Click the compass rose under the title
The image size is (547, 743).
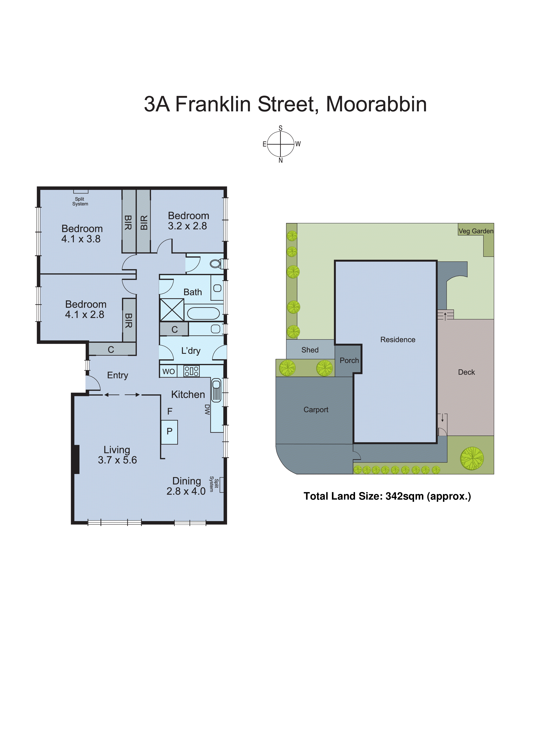pyautogui.click(x=281, y=144)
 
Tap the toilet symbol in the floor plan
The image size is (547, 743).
pyautogui.click(x=216, y=264)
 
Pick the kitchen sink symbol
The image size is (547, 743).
pyautogui.click(x=216, y=390)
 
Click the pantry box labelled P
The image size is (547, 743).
pyautogui.click(x=169, y=432)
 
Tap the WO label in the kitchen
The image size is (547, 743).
pyautogui.click(x=168, y=371)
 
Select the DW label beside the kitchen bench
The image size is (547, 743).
pyautogui.click(x=207, y=410)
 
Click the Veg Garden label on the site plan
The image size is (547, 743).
pyautogui.click(x=476, y=231)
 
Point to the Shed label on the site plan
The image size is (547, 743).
pyautogui.click(x=310, y=350)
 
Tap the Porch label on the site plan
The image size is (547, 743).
pyautogui.click(x=349, y=361)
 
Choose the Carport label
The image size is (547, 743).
pyautogui.click(x=316, y=410)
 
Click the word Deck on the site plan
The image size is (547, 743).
pyautogui.click(x=466, y=372)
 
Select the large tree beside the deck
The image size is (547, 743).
pyautogui.click(x=472, y=459)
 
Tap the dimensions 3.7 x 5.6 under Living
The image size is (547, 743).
pyautogui.click(x=117, y=460)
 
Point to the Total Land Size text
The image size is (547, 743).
pyautogui.click(x=387, y=496)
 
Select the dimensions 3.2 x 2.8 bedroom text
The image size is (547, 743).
pyautogui.click(x=187, y=226)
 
